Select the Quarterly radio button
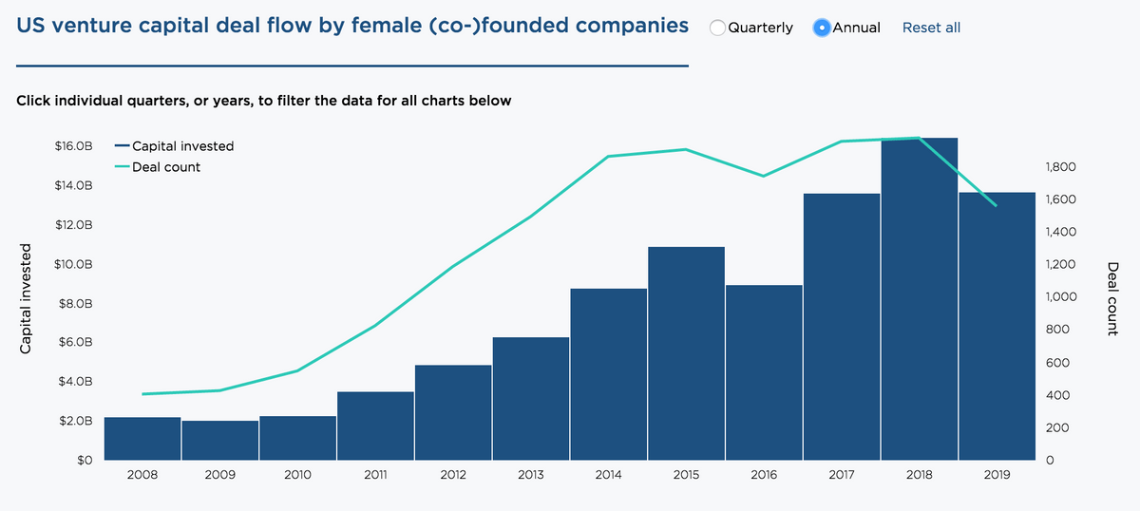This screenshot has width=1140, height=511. (x=718, y=28)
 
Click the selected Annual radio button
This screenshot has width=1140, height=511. (x=823, y=28)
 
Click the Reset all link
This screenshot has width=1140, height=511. (x=931, y=28)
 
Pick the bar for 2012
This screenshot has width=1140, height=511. (x=453, y=412)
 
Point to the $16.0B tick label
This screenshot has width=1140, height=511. (x=73, y=146)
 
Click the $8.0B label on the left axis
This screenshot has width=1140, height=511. (x=75, y=304)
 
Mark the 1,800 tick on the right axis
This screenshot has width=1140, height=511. (x=1059, y=167)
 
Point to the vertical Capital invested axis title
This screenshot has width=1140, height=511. (x=27, y=299)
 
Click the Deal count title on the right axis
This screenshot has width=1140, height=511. (x=1112, y=299)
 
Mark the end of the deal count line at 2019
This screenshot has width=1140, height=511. (x=997, y=206)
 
